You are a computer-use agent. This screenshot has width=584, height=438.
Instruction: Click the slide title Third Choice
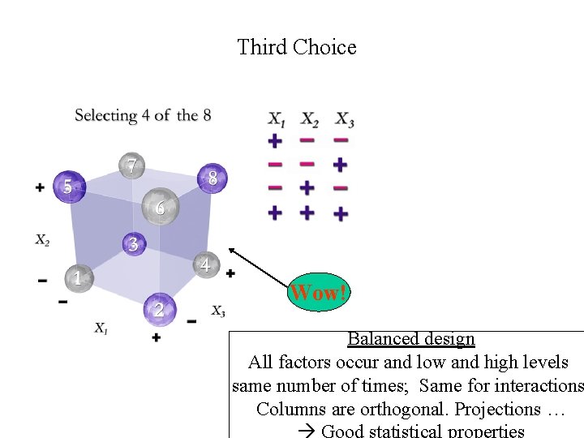click(x=296, y=47)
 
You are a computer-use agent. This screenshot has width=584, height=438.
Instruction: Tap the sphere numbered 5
click(x=67, y=187)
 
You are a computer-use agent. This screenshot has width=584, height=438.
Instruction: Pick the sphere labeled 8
click(x=213, y=178)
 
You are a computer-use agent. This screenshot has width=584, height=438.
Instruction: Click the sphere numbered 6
click(x=160, y=208)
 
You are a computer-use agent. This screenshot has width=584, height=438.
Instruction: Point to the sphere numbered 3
click(x=134, y=243)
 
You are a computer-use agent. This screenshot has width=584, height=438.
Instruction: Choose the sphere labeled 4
click(x=205, y=264)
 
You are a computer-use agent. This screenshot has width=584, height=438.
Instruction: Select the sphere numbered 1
click(x=78, y=277)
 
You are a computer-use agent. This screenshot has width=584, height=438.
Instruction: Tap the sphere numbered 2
click(x=159, y=308)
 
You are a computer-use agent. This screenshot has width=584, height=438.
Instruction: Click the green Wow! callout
click(x=319, y=292)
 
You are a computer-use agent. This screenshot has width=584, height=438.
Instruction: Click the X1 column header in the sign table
click(x=277, y=119)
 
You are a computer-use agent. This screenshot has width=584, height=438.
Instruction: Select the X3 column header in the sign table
click(x=345, y=119)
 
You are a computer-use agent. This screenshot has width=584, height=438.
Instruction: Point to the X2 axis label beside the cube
click(x=43, y=240)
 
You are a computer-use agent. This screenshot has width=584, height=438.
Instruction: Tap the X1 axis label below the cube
click(x=101, y=328)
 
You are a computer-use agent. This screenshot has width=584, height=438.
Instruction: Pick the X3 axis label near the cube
click(x=218, y=311)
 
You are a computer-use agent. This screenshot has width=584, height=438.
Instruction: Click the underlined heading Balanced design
click(x=410, y=339)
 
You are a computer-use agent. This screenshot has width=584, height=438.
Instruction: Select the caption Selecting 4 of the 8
click(x=143, y=115)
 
